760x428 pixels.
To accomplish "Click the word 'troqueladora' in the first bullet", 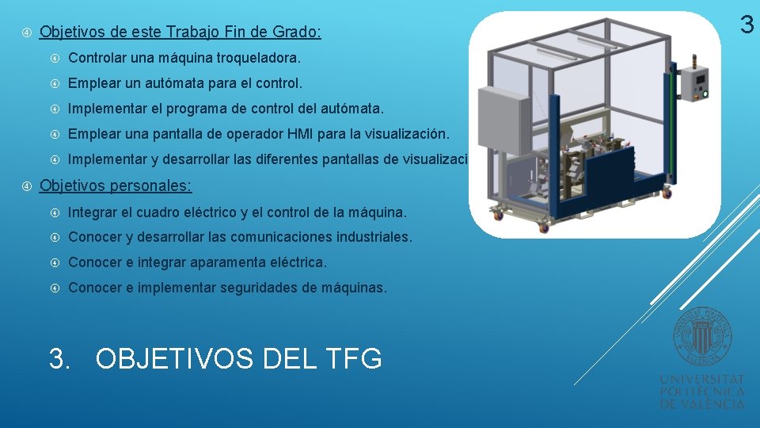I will click(260, 58).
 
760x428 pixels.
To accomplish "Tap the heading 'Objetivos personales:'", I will click(116, 186).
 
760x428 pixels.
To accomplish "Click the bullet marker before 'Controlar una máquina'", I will click(55, 58).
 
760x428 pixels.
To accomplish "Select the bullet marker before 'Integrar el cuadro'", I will click(55, 212).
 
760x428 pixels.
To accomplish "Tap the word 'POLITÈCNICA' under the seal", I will click(702, 392).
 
